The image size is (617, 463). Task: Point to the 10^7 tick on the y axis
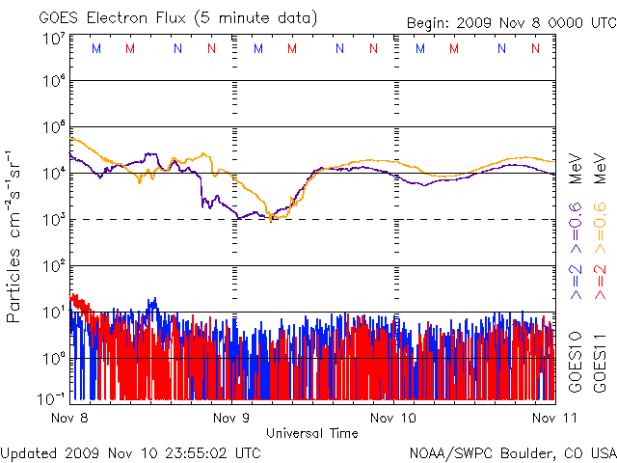coord(53,39)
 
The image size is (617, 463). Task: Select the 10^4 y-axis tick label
coord(53,174)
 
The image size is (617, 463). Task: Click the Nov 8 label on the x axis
coord(69,418)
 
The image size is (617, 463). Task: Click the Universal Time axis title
coord(312,433)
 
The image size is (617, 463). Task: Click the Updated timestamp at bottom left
coord(131,452)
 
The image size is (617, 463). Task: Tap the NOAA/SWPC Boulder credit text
coord(512,452)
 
